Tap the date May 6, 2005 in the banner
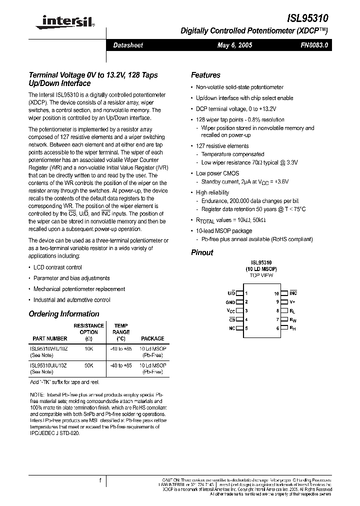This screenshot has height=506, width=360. (x=234, y=45)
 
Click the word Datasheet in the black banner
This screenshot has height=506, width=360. (x=128, y=45)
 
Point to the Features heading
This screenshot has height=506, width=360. (x=205, y=75)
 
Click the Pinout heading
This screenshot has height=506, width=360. (x=202, y=252)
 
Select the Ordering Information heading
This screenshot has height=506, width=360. (x=64, y=314)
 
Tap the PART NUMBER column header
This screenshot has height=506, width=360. (x=50, y=338)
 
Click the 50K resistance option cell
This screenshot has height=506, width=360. (x=89, y=365)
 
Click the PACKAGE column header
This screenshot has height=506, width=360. (x=152, y=338)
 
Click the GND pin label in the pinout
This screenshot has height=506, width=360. (x=230, y=302)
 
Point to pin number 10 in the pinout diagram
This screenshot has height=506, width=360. (x=276, y=293)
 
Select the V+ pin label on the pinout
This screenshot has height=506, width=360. (x=292, y=302)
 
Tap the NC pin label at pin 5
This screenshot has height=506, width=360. (x=231, y=328)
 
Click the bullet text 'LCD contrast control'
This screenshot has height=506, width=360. (x=57, y=267)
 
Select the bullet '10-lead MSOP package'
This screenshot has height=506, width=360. (x=224, y=231)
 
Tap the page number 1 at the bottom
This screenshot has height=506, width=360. (x=100, y=480)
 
